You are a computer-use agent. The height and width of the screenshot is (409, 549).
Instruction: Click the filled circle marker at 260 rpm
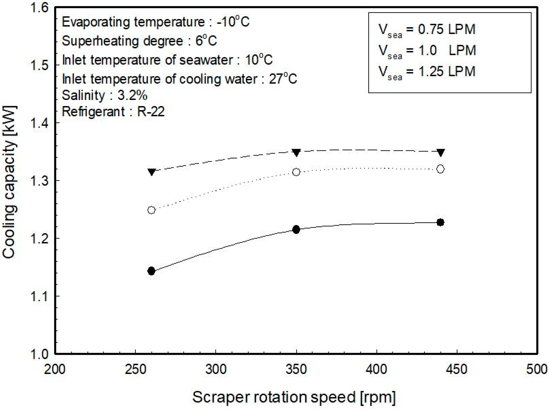coord(151,271)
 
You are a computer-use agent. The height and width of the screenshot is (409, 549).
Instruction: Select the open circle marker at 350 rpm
coord(296,172)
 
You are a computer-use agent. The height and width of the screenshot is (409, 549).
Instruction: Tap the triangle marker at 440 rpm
coord(441,152)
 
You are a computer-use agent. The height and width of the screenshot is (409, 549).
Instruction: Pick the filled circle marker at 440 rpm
coord(440,222)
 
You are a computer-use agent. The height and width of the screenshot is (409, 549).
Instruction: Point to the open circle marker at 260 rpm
coord(151,210)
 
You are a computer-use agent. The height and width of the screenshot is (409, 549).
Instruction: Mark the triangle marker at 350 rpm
coord(296,152)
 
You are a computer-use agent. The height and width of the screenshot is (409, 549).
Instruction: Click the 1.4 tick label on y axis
coord(39,123)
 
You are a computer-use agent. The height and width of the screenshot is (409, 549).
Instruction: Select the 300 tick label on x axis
coord(216,369)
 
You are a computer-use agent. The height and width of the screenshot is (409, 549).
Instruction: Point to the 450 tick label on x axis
coord(457,369)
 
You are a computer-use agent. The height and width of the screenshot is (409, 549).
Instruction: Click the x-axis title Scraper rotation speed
coord(294,397)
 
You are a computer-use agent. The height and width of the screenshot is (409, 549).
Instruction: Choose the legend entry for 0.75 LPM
coord(427,30)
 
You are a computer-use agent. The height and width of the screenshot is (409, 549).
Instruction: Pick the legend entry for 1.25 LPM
coord(427,71)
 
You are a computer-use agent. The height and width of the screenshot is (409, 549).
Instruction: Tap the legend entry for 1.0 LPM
coord(427,50)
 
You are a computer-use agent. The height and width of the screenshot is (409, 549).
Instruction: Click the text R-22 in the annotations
coord(151,111)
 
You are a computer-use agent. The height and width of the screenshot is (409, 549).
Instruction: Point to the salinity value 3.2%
coord(132,95)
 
